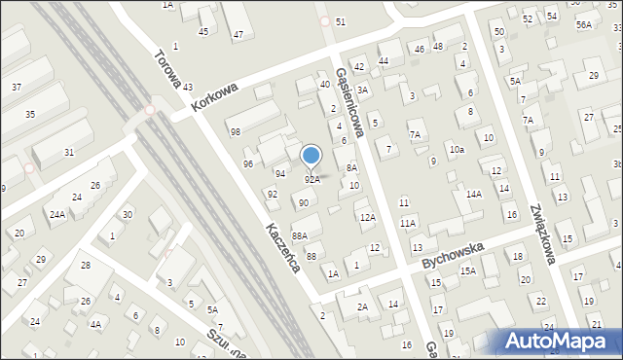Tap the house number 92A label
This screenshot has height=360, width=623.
[311, 180]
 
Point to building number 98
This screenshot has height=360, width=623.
[235, 131]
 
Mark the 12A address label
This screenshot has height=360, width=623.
[367, 218]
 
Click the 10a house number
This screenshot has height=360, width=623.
[457, 150]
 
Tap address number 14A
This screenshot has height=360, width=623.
[473, 195]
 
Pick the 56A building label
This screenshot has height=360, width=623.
[583, 24]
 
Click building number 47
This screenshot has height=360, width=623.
[238, 35]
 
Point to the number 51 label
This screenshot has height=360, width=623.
[340, 21]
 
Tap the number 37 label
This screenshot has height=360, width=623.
[17, 88]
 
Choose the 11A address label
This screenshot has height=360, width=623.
[408, 224]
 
